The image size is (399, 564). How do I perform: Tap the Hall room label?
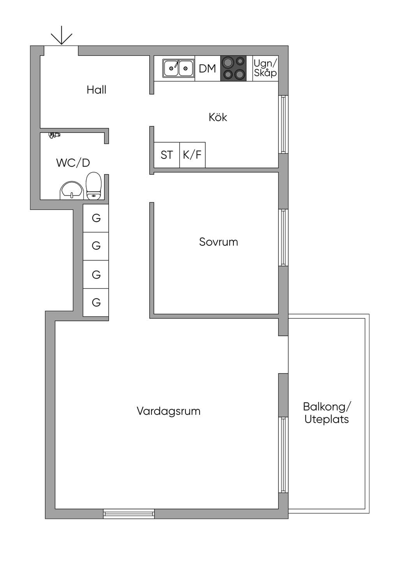click(x=97, y=90)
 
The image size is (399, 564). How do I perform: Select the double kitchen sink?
click(x=178, y=68)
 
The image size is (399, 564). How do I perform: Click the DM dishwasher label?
click(x=207, y=69)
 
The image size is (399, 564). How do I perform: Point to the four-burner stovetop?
click(x=233, y=68)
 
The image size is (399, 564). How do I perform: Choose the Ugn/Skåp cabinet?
click(x=265, y=68)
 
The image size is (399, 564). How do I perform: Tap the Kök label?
click(x=218, y=117)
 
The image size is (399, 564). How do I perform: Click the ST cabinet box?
click(x=167, y=155)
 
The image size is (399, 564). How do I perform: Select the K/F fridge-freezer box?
click(x=192, y=155)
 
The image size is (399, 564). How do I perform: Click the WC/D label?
click(x=73, y=163)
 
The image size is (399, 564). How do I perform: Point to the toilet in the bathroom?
click(x=94, y=186)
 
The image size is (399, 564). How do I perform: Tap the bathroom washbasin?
click(x=72, y=190)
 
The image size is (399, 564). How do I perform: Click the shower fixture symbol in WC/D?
click(x=55, y=135)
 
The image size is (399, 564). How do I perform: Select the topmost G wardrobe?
click(x=96, y=218)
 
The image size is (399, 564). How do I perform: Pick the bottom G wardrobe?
click(x=96, y=302)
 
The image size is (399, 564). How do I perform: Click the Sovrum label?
click(x=218, y=242)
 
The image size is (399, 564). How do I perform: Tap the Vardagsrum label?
click(x=168, y=411)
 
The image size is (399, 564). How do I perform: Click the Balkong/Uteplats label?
click(x=327, y=413)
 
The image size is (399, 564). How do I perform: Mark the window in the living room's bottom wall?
click(x=129, y=514)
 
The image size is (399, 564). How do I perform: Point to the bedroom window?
click(x=283, y=238)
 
